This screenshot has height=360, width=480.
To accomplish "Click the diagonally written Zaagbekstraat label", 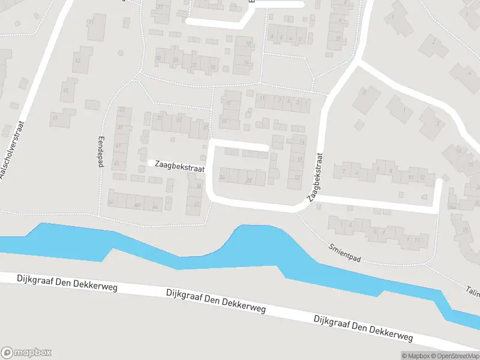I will [x=316, y=176].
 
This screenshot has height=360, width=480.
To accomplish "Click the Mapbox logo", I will [x=26, y=353].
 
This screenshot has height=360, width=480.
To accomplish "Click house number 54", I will [x=110, y=202].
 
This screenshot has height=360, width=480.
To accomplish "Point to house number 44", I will [x=155, y=207].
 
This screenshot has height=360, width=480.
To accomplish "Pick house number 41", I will [x=118, y=145].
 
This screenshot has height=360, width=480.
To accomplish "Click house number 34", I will [x=223, y=177].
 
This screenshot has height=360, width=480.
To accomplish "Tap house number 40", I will [x=197, y=204].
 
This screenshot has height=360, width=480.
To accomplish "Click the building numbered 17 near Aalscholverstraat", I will [x=55, y=118].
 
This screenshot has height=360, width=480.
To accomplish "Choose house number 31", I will [x=160, y=118].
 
